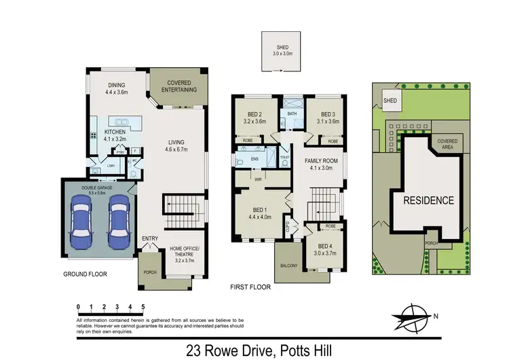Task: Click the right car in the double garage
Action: coord(119,223)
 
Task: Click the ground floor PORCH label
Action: coord(149,273)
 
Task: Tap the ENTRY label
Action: coord(150,238)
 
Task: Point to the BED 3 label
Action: coord(328,118)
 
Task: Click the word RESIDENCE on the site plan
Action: coord(429,200)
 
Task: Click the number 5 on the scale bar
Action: coord(143,307)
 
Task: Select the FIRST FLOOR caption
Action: coord(251,287)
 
